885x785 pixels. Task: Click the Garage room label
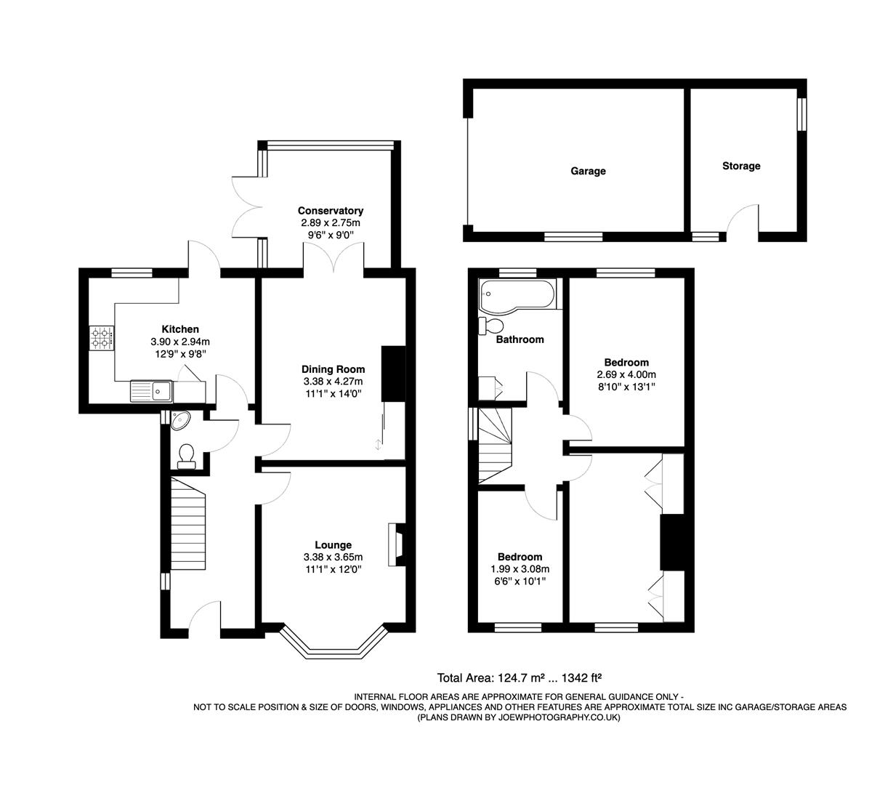click(588, 172)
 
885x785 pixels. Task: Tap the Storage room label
click(741, 166)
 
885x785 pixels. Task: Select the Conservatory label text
click(331, 211)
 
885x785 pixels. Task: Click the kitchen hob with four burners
click(101, 338)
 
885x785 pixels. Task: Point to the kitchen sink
click(150, 391)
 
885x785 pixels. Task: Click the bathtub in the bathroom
click(517, 295)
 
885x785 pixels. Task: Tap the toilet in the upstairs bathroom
click(490, 325)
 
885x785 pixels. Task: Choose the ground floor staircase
click(188, 523)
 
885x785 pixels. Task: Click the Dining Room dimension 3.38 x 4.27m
click(333, 381)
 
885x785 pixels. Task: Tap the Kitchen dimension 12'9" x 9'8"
click(179, 354)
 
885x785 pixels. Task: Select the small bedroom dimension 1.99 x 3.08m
click(520, 569)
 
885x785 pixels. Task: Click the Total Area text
click(519, 678)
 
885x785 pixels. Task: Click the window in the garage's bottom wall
click(573, 236)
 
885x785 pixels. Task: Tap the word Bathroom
click(520, 339)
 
